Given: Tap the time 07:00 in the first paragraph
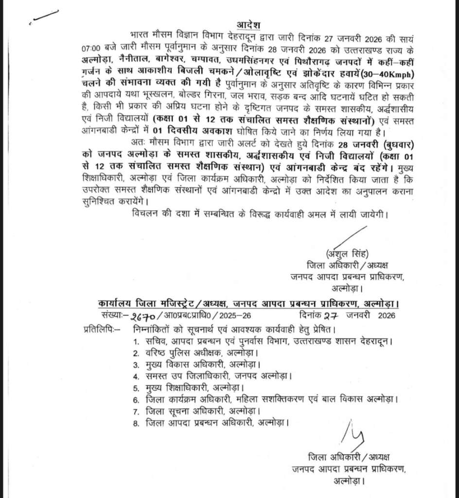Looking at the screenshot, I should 91,49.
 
